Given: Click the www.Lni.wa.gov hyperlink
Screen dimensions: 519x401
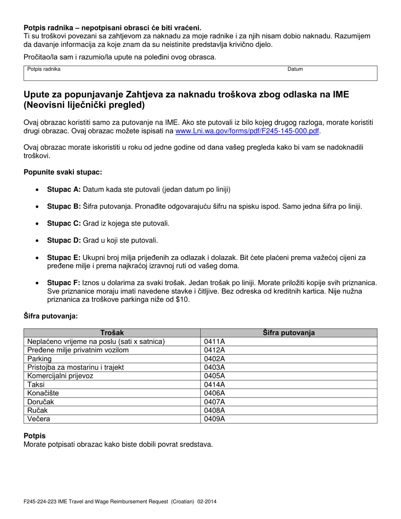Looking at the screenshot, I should (x=247, y=131).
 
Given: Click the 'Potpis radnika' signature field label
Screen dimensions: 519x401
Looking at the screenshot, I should (x=44, y=69).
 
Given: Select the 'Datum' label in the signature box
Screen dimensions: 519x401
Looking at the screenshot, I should (x=295, y=69).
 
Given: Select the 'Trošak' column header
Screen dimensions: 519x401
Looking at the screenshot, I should (x=112, y=333).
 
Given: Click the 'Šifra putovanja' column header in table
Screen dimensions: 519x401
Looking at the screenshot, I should (x=289, y=333).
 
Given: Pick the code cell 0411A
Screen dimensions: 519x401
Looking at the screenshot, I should (x=214, y=341).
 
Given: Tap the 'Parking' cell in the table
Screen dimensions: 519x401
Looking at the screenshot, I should (x=39, y=359).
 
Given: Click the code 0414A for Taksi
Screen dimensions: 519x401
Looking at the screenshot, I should (x=214, y=384).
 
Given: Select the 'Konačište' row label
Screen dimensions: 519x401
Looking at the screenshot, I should (x=43, y=393).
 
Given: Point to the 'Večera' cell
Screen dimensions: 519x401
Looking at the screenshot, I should (x=38, y=419).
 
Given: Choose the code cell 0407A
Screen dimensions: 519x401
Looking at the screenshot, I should (x=214, y=402).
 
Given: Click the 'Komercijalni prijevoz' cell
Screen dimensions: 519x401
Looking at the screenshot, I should (x=60, y=376).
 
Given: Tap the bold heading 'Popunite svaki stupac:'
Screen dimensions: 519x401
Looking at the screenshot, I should (x=63, y=172).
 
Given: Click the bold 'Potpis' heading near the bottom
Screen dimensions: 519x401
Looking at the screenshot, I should (x=35, y=436).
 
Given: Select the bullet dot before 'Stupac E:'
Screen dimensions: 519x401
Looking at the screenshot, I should (x=38, y=257).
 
